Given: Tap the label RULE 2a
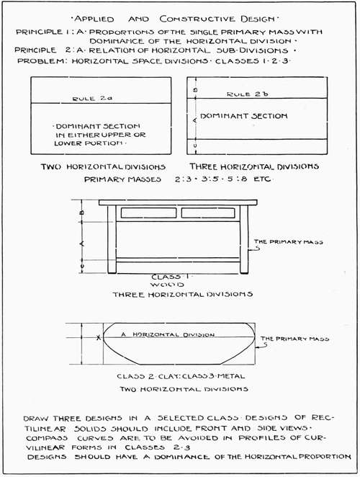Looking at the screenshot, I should [88, 97].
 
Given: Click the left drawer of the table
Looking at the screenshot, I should [148, 213].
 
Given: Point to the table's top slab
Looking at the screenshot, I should [178, 202].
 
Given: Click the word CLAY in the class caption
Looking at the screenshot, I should [174, 376].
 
